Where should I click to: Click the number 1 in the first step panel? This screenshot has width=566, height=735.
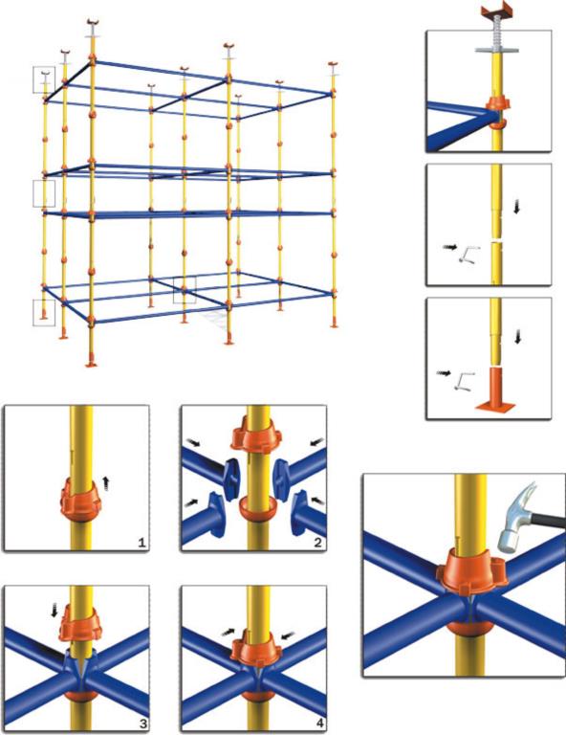(141, 543)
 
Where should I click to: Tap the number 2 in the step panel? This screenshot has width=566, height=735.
(318, 543)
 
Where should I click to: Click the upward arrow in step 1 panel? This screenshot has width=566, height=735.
(106, 482)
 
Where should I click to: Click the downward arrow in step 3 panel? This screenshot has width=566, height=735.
(54, 610)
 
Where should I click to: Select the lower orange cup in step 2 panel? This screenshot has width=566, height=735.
(256, 508)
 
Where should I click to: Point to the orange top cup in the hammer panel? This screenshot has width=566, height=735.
(472, 569)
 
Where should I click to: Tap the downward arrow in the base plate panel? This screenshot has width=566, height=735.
(517, 336)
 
